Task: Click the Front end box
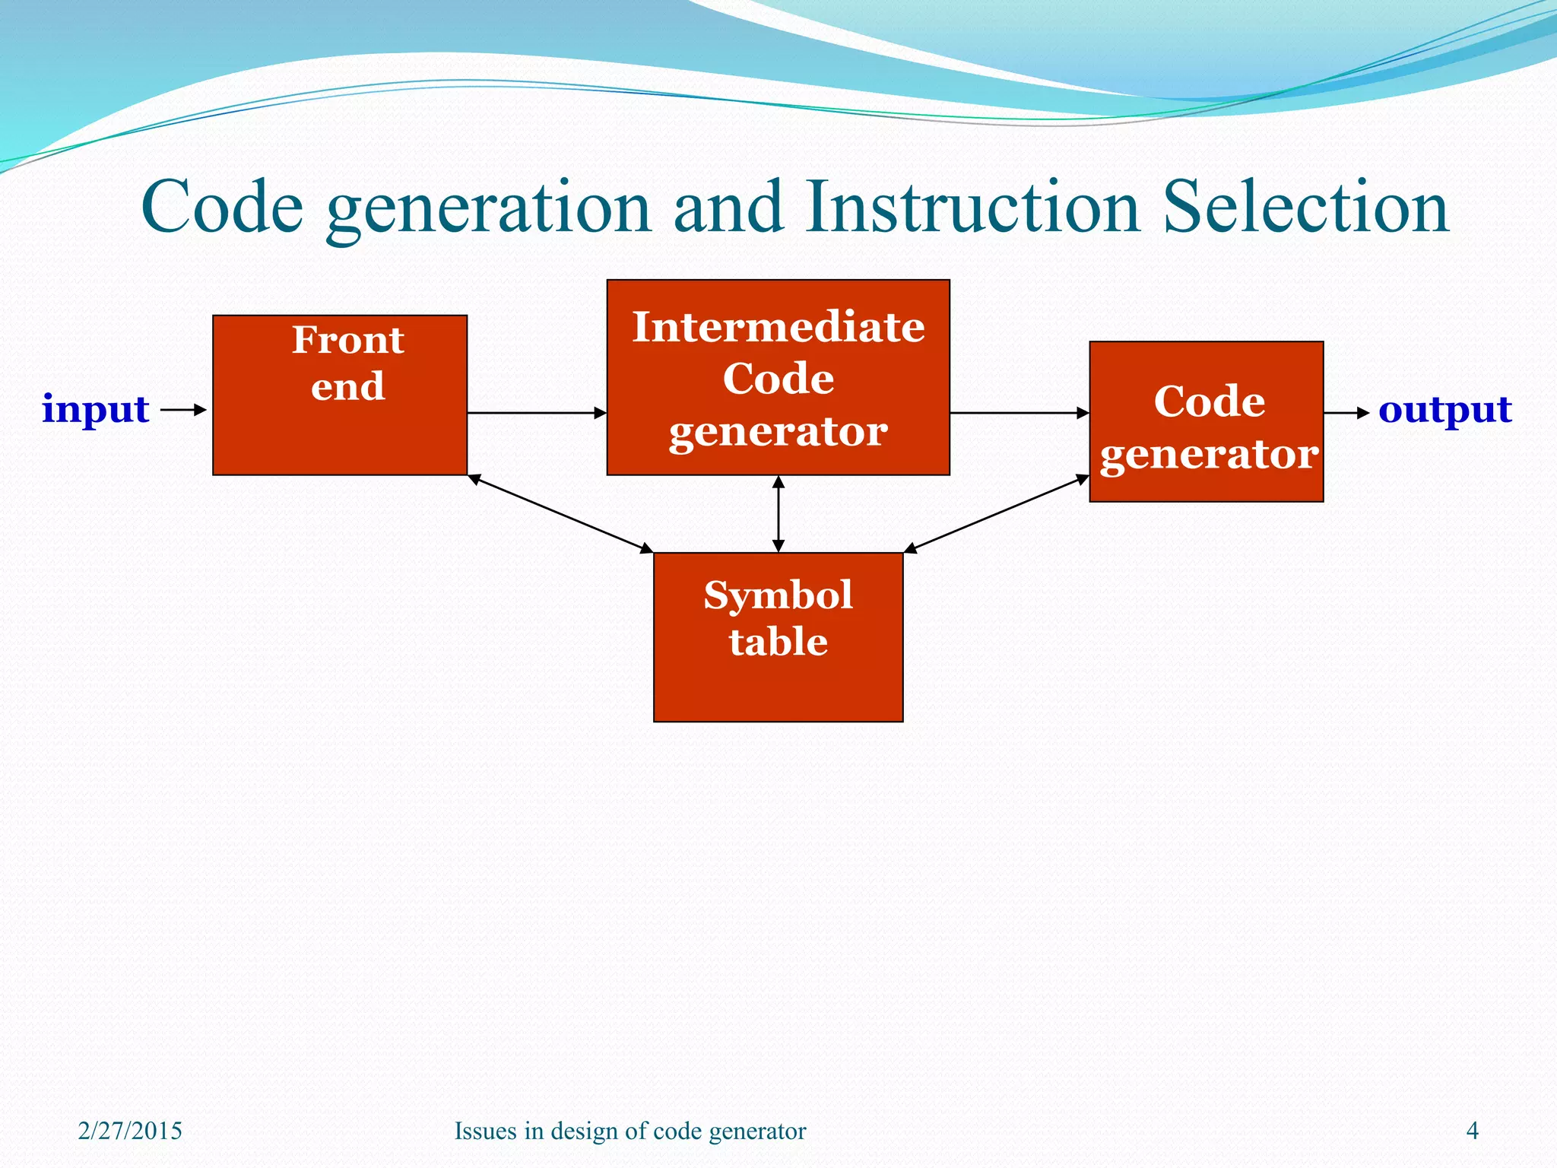(x=340, y=395)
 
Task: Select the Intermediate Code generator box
(x=778, y=377)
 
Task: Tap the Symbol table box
(x=778, y=636)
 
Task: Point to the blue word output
(x=1444, y=410)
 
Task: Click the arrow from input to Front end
(x=183, y=410)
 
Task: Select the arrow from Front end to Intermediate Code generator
(x=537, y=413)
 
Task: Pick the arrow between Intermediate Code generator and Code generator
(x=1020, y=413)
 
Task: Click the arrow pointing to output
(x=1346, y=413)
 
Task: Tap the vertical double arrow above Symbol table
(x=778, y=514)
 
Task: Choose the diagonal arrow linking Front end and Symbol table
(x=560, y=513)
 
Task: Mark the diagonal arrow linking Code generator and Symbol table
(x=997, y=513)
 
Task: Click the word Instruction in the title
(x=972, y=207)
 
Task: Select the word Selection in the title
(x=1305, y=207)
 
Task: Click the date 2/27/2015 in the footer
(x=130, y=1131)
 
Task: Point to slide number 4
(x=1472, y=1131)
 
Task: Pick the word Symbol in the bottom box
(x=778, y=595)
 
